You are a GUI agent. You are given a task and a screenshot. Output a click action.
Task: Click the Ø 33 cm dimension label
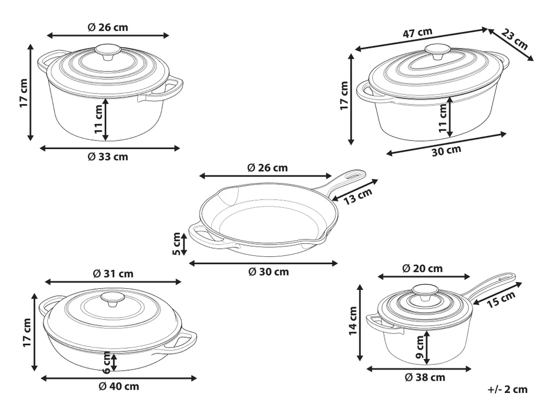[x=108, y=157]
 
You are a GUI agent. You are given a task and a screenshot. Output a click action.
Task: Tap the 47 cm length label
[x=418, y=33]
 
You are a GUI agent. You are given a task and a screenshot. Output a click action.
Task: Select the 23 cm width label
[x=515, y=39]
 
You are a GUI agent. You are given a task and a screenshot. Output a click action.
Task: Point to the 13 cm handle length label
[x=358, y=196]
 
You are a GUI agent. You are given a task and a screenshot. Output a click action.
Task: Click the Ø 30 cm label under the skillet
[x=269, y=272]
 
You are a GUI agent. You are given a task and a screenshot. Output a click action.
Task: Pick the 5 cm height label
[x=176, y=244]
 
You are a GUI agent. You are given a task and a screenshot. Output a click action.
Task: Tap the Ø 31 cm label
[x=113, y=274]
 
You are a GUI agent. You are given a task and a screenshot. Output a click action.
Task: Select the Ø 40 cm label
[x=119, y=386]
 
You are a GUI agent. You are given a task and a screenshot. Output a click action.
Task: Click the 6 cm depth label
[x=107, y=363]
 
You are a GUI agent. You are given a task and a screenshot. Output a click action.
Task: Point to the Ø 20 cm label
[x=423, y=268]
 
